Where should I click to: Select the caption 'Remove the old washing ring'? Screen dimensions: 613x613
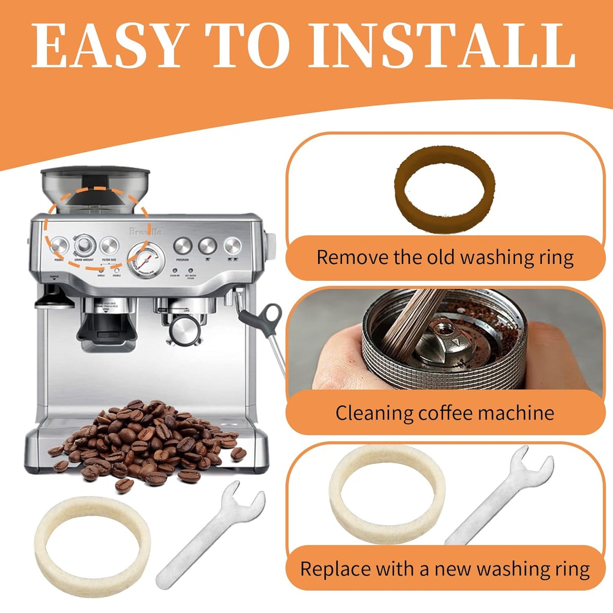tap(445, 258)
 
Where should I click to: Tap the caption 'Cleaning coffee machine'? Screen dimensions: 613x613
tap(445, 413)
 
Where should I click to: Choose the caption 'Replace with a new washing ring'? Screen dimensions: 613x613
tap(445, 568)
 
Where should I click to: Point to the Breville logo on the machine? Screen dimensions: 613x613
tap(146, 232)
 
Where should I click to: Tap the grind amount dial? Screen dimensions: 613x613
tap(84, 245)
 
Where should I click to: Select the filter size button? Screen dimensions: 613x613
tap(109, 246)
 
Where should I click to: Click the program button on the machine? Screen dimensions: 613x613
tap(182, 246)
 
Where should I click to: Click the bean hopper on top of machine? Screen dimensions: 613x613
tap(95, 191)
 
